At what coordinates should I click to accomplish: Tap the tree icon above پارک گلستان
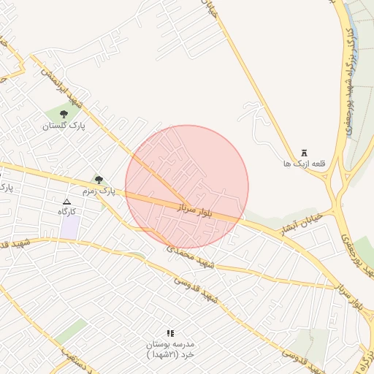pos(64,114)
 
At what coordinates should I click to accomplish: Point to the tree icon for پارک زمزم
pos(99,180)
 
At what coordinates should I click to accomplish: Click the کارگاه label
pos(67,211)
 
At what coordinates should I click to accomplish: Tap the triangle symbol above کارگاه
pos(67,201)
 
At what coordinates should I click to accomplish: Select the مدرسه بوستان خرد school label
pos(169,348)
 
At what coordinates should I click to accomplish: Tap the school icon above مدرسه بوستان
pos(170,333)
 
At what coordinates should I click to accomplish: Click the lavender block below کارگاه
pos(70,226)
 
